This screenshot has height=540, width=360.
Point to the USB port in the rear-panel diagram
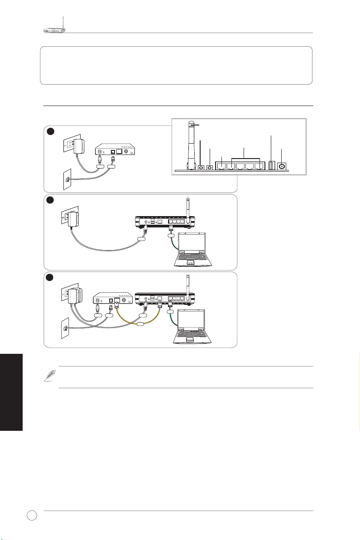[272, 166]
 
